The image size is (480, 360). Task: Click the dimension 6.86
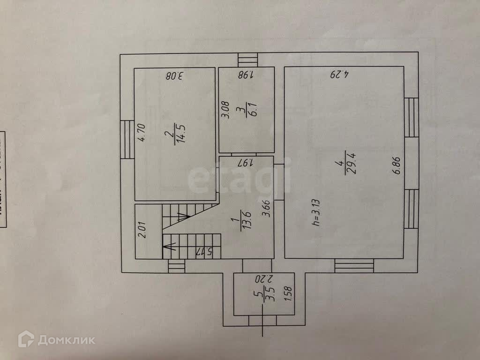397,166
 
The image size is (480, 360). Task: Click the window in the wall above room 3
247,60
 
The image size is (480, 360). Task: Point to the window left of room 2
127,139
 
